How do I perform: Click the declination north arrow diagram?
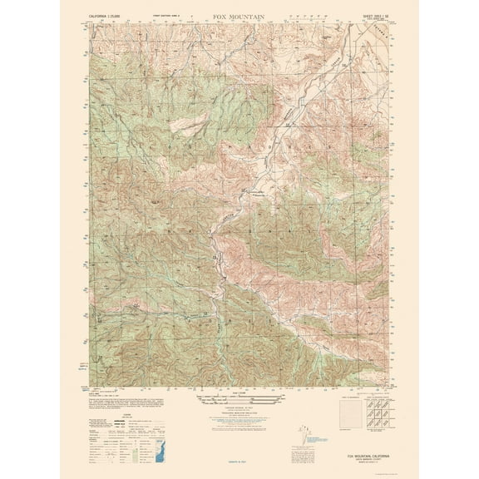(x=304, y=437)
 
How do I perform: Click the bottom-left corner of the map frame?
(x=90, y=387)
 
